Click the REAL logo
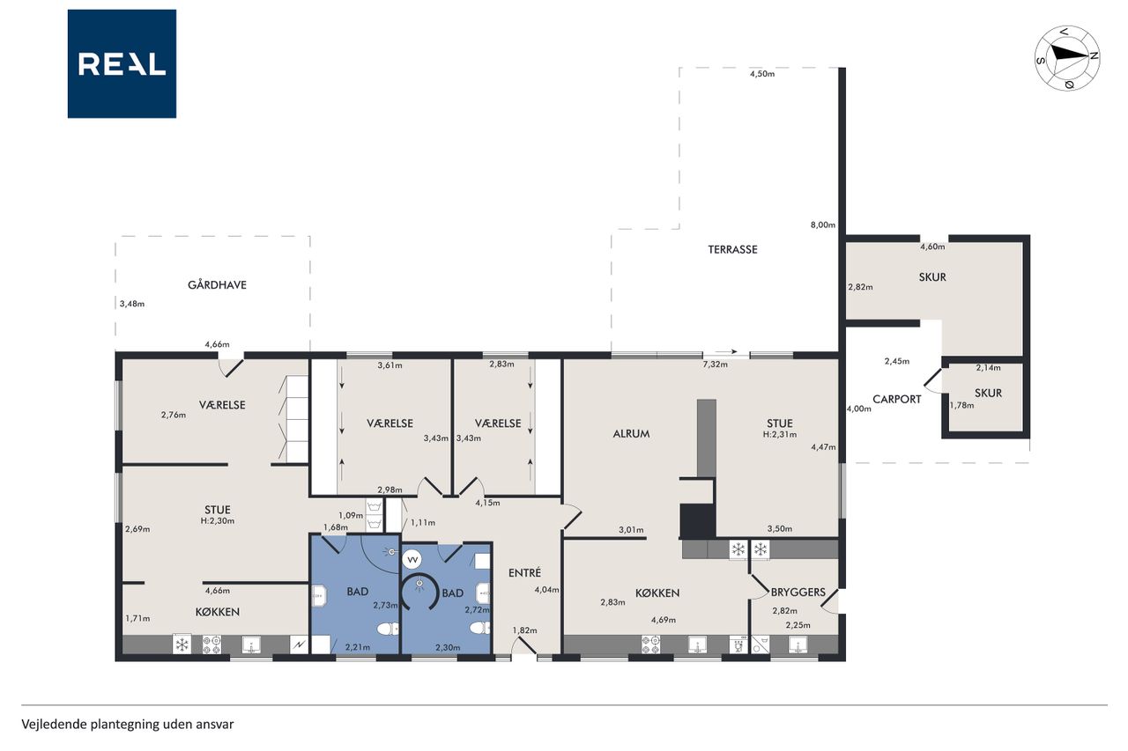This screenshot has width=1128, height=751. [x=122, y=64]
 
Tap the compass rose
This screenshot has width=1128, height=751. [x=1067, y=58]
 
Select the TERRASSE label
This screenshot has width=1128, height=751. [x=732, y=249]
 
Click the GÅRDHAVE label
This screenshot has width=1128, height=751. [x=217, y=284]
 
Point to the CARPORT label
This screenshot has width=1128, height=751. [x=897, y=400]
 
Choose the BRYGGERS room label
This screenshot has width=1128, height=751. [x=798, y=592]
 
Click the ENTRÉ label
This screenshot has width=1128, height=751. [x=524, y=572]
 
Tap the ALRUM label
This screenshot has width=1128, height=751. [x=631, y=433]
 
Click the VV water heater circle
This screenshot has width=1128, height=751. [x=412, y=560]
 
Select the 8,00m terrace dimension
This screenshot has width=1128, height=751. [x=823, y=225]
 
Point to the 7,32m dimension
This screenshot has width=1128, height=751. [x=715, y=364]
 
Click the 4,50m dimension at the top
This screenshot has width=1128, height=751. [x=762, y=74]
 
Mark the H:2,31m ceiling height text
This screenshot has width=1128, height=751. [x=780, y=435]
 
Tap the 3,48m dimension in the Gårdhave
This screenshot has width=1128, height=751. [x=132, y=304]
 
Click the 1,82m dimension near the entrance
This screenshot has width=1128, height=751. [x=524, y=630]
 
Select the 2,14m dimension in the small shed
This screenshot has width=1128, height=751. [x=989, y=368]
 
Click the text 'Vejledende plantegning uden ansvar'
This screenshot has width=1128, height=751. [x=128, y=725]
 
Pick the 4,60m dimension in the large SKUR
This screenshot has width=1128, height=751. [x=932, y=247]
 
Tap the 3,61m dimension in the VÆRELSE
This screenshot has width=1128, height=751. [x=390, y=365]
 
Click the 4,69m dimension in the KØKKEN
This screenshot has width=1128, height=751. [x=664, y=620]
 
